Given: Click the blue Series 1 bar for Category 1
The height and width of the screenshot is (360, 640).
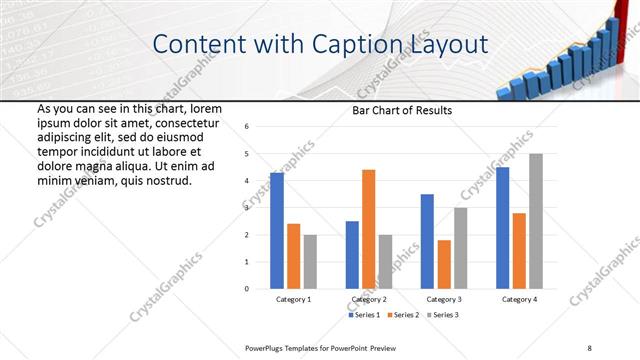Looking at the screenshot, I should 277,231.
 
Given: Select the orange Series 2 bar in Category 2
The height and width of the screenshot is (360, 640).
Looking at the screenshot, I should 369,229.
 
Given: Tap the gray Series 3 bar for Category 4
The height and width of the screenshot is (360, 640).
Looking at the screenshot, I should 536,221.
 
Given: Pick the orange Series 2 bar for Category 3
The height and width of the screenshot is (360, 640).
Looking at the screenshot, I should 444,264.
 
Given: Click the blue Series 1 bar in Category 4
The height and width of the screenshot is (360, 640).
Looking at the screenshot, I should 502,228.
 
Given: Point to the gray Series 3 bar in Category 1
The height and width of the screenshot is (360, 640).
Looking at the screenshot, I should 310,262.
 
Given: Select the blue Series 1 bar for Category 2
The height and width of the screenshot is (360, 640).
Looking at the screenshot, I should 352,255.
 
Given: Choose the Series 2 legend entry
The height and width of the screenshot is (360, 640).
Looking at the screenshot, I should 403,315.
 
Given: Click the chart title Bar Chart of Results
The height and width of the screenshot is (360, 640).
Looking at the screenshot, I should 402,110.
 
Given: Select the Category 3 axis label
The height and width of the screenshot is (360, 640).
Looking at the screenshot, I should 443,299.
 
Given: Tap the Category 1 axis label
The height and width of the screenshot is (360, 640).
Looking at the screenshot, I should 293,299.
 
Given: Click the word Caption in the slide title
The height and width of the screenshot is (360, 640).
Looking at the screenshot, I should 358,45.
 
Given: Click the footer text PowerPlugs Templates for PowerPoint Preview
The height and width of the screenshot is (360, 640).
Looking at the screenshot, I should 321,347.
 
